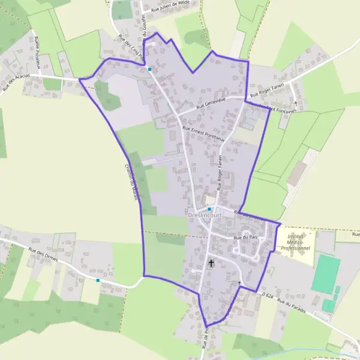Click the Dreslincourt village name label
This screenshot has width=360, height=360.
point(204,215)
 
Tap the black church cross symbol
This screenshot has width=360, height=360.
point(211,263)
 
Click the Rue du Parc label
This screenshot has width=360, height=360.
point(245,237)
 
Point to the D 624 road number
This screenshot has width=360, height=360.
point(268,295)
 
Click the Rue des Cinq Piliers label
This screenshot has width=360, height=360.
point(132,47)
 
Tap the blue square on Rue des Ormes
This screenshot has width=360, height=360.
point(98,280)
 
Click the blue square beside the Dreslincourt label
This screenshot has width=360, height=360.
point(209,209)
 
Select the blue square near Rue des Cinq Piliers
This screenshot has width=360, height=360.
point(149,69)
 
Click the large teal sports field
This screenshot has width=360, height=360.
point(325,274)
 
